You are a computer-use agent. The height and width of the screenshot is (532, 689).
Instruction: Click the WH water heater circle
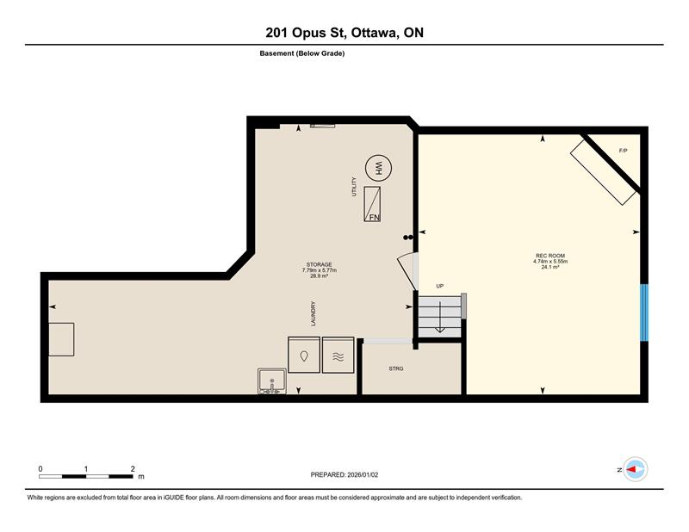pyautogui.click(x=377, y=168)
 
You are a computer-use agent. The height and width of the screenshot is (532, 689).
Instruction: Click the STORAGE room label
pyautogui.click(x=318, y=264)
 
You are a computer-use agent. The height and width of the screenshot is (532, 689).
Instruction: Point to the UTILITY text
pyautogui.click(x=353, y=188)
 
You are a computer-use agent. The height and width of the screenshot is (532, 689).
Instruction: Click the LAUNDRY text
pyautogui.click(x=313, y=313)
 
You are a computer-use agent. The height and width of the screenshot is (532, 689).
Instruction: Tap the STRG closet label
pyautogui.click(x=396, y=368)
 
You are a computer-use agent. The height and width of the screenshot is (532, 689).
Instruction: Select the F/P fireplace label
pyautogui.click(x=624, y=151)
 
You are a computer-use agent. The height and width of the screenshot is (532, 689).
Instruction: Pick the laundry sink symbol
pyautogui.click(x=272, y=381)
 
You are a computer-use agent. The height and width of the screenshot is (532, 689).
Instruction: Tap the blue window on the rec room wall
pyautogui.click(x=643, y=312)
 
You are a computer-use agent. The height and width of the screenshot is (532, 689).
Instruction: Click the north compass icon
pyautogui.click(x=636, y=469)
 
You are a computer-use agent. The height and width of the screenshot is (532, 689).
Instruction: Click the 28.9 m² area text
pyautogui.click(x=318, y=276)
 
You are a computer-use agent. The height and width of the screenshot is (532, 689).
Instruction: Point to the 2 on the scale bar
pyautogui.click(x=133, y=468)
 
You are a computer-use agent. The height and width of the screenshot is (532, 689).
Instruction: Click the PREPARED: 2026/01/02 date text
pyautogui.click(x=345, y=474)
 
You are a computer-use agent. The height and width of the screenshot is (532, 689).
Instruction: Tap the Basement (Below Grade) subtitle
pyautogui.click(x=302, y=53)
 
